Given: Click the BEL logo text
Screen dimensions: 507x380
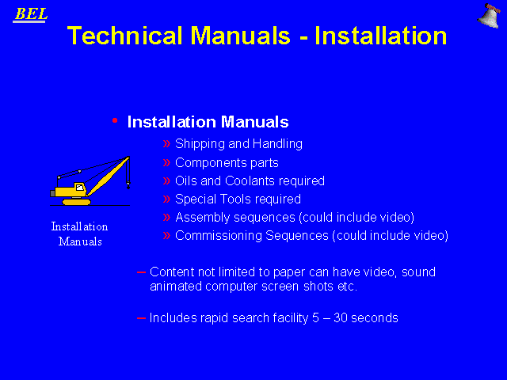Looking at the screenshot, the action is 31,14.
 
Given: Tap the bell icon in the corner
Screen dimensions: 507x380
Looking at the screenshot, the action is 489,16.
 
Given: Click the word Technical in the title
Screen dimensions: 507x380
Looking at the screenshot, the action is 125,36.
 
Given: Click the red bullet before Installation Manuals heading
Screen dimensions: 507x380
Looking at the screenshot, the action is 115,120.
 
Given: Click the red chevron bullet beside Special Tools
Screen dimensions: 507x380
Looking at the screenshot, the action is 166,199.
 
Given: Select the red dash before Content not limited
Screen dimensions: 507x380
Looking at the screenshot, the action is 141,272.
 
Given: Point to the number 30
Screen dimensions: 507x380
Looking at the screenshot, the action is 341,318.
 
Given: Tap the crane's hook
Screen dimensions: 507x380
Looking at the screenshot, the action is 128,185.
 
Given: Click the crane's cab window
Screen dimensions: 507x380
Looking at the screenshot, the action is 79,187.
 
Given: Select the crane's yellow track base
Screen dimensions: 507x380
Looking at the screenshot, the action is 77,202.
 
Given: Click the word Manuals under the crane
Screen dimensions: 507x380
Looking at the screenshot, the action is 80,241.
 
